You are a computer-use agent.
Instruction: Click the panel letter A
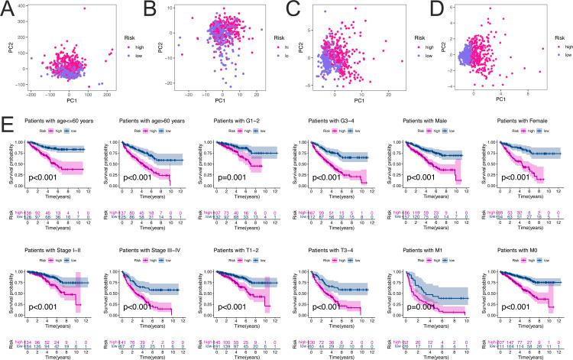tap(8, 8)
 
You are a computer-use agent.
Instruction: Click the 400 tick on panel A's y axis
tap(18, 8)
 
